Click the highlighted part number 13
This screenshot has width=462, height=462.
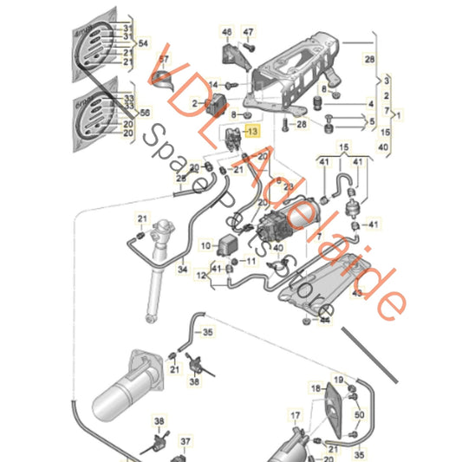(252, 132)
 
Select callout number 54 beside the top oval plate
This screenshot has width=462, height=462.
(144, 42)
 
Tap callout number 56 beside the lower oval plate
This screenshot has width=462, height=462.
(144, 112)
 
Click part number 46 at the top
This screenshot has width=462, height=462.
(227, 33)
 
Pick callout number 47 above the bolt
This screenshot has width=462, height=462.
(249, 33)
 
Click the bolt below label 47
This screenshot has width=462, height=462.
(246, 50)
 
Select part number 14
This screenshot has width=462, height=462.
(212, 85)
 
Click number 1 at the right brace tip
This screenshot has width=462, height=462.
(398, 114)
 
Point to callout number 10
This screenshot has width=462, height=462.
(205, 245)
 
